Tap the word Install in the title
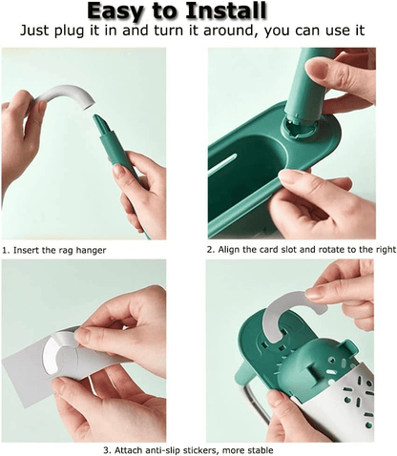coord(225,10)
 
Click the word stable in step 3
coord(261,450)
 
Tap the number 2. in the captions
coord(211,249)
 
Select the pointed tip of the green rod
coord(94,117)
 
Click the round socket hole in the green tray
coord(299,129)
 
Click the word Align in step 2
coord(229,249)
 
